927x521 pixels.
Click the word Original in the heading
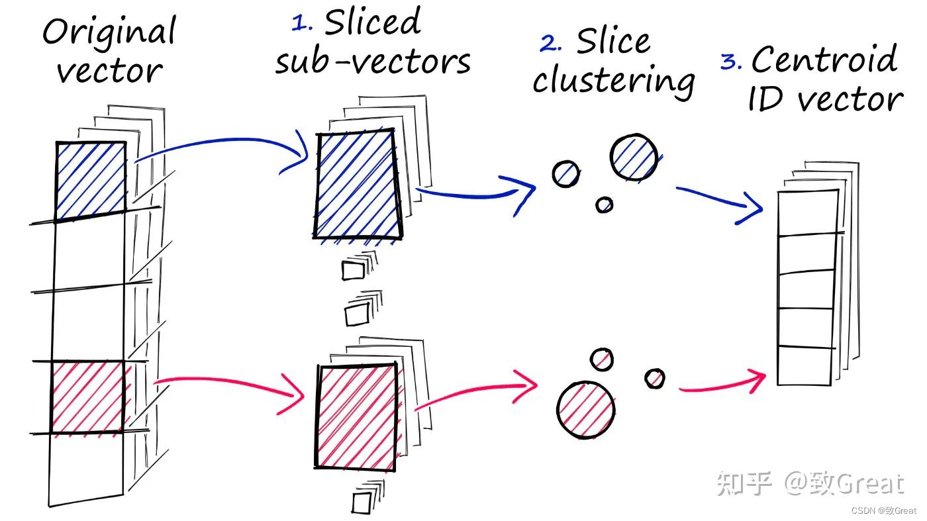(x=109, y=31)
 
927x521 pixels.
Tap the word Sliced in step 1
(x=372, y=23)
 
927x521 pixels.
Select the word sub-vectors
(x=373, y=62)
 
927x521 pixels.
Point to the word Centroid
(x=824, y=60)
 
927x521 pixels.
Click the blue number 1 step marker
(x=302, y=23)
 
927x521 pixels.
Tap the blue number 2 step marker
(x=551, y=44)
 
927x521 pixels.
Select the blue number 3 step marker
(x=730, y=62)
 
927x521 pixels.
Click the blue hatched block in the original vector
(x=91, y=180)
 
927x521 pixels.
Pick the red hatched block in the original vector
(x=88, y=397)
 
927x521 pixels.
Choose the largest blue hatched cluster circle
(x=634, y=158)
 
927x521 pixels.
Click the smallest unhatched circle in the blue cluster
(x=604, y=205)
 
